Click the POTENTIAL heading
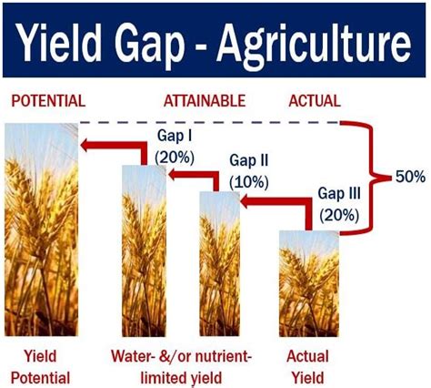click(48, 101)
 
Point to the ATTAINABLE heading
click(205, 101)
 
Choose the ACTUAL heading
click(315, 101)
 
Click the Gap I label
click(175, 136)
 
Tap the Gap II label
click(248, 160)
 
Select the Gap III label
click(339, 193)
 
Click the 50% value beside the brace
click(410, 177)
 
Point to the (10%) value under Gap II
click(249, 183)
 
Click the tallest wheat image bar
click(42, 230)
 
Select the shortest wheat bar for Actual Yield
click(309, 283)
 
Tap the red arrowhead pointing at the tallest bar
click(85, 145)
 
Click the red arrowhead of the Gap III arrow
click(246, 201)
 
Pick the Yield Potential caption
click(40, 367)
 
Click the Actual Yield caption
click(307, 367)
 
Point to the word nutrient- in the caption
click(224, 356)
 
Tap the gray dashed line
click(209, 123)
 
